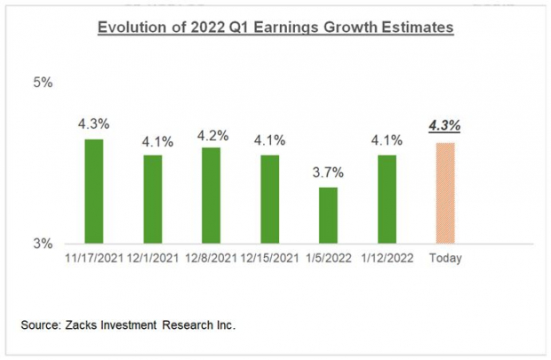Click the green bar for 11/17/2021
93,190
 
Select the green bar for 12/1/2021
152,198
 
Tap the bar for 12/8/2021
211,195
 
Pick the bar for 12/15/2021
269,198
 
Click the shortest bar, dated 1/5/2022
328,214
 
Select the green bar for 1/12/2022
387,198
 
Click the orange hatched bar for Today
444,192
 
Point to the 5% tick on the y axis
42,83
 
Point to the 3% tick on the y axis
42,243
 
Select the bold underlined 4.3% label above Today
444,127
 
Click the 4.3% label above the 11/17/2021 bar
93,125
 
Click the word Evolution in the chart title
131,28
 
